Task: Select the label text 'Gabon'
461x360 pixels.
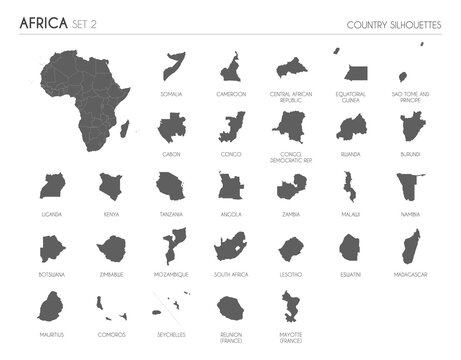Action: coord(172,155)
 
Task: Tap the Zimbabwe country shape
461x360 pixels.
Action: coord(110,247)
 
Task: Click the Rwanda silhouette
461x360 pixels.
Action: coord(351,127)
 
